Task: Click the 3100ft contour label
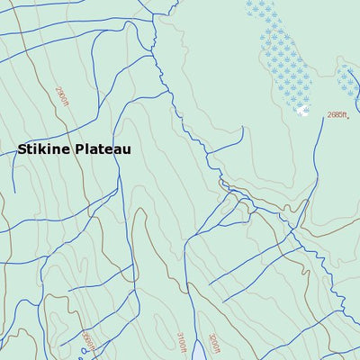pyautogui.click(x=181, y=342)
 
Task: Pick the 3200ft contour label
pyautogui.click(x=213, y=343)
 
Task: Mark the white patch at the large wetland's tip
pyautogui.click(x=303, y=111)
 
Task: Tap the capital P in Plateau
pyautogui.click(x=81, y=149)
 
